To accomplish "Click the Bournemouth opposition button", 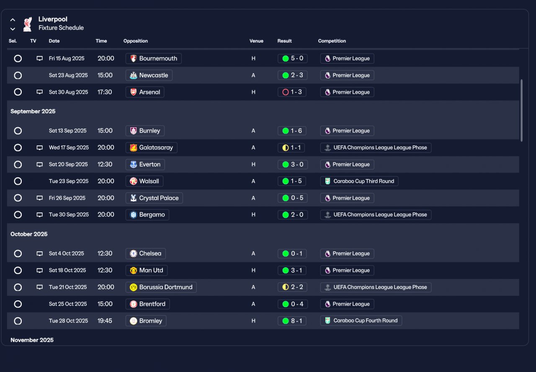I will [x=153, y=59].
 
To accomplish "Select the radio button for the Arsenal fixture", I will [x=18, y=92].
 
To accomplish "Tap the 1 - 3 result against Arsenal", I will [x=292, y=92].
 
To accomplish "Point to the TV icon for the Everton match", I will [x=40, y=165].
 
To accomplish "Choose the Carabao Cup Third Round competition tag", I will [x=359, y=181].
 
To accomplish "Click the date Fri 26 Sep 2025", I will [x=67, y=198].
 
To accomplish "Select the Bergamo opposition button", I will [x=147, y=215].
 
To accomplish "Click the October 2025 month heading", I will [x=29, y=234].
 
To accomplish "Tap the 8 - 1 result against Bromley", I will [x=292, y=321].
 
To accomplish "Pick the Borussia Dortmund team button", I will [x=161, y=287].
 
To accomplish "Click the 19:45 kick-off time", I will [x=106, y=321].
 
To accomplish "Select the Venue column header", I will [x=256, y=41].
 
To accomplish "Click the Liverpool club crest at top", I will [x=28, y=24].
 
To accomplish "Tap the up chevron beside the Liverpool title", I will [x=13, y=20].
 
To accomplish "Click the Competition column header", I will [x=332, y=41].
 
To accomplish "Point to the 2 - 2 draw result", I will [x=292, y=287].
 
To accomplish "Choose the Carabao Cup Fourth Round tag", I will [x=361, y=321].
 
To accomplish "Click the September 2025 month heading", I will [x=33, y=111].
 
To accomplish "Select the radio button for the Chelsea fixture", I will [x=18, y=254].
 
